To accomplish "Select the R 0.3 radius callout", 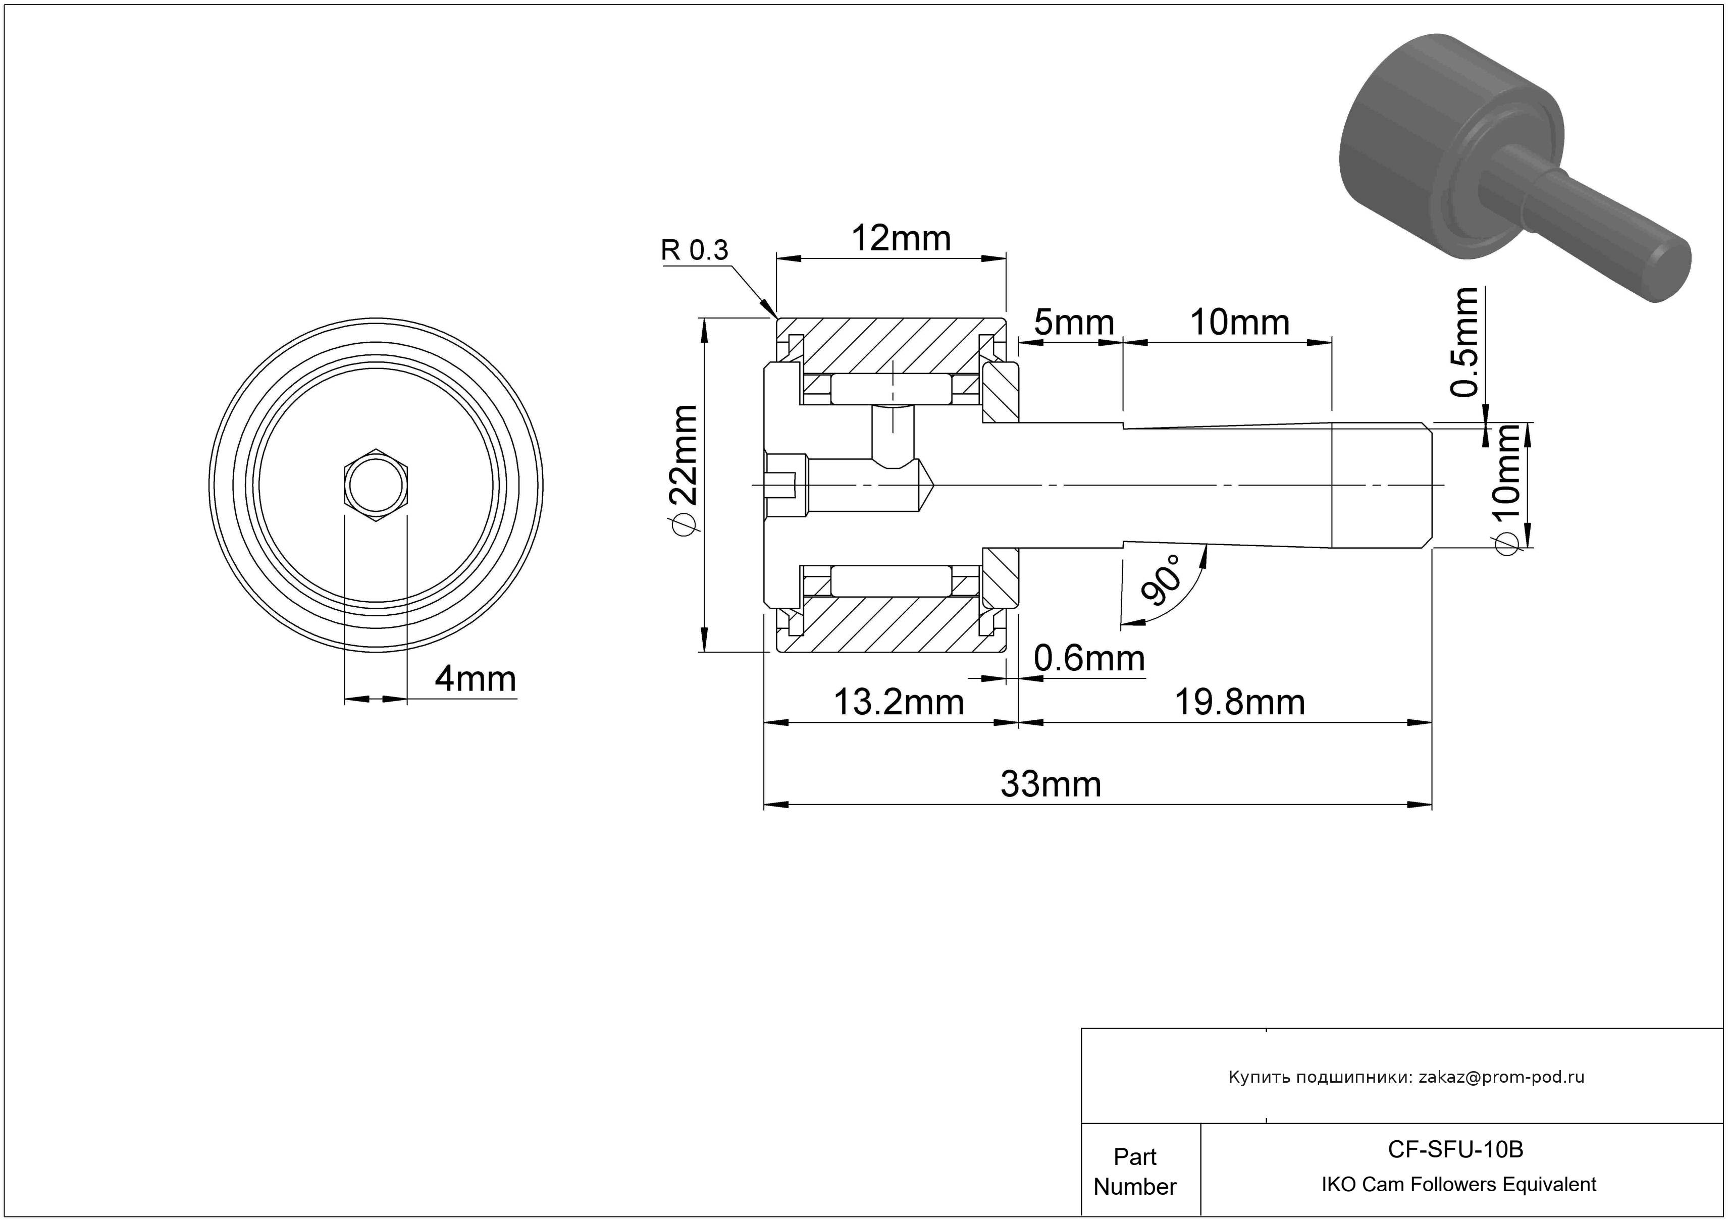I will point(694,250).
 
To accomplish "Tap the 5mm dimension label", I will point(1073,323).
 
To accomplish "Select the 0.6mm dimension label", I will point(1088,659).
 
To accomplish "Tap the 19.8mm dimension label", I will point(1239,703).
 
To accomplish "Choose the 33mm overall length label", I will point(1051,785).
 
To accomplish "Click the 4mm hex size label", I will point(475,679).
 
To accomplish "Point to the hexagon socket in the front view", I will point(376,485).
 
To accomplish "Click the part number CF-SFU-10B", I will point(1455,1149).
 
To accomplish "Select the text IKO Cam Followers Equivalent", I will point(1458,1184).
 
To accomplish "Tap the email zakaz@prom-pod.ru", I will point(1501,1077).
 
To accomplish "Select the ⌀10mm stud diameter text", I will point(1507,489).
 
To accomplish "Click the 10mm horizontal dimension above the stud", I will point(1239,323).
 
